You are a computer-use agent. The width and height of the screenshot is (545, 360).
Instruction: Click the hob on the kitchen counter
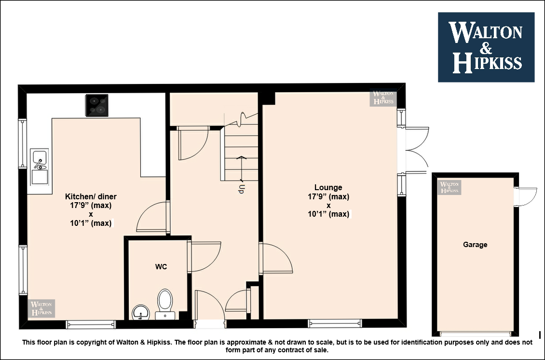(x=97, y=105)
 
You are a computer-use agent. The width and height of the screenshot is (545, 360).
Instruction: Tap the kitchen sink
(x=39, y=166)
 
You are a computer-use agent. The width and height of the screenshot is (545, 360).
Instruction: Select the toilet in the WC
(x=165, y=304)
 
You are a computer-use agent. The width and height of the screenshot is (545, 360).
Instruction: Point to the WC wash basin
(x=141, y=312)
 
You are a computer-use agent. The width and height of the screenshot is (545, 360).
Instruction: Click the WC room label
(x=161, y=267)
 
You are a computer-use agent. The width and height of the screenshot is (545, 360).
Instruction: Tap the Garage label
(x=475, y=245)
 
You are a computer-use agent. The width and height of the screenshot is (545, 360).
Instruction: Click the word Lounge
(x=328, y=187)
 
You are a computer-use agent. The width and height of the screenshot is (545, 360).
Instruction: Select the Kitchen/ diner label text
(x=91, y=196)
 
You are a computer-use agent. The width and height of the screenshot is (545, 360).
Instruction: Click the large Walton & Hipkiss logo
(x=486, y=47)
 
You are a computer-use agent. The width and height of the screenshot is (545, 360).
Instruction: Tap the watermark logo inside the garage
(x=450, y=187)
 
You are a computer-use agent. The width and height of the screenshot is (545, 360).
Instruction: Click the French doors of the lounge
(x=416, y=150)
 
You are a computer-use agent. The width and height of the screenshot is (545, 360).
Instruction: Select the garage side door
(x=526, y=196)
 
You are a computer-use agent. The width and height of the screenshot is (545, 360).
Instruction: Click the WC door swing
(x=205, y=257)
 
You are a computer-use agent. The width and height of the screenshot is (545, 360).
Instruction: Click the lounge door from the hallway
(x=276, y=258)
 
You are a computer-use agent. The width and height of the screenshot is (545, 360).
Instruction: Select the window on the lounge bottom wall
(x=335, y=323)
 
